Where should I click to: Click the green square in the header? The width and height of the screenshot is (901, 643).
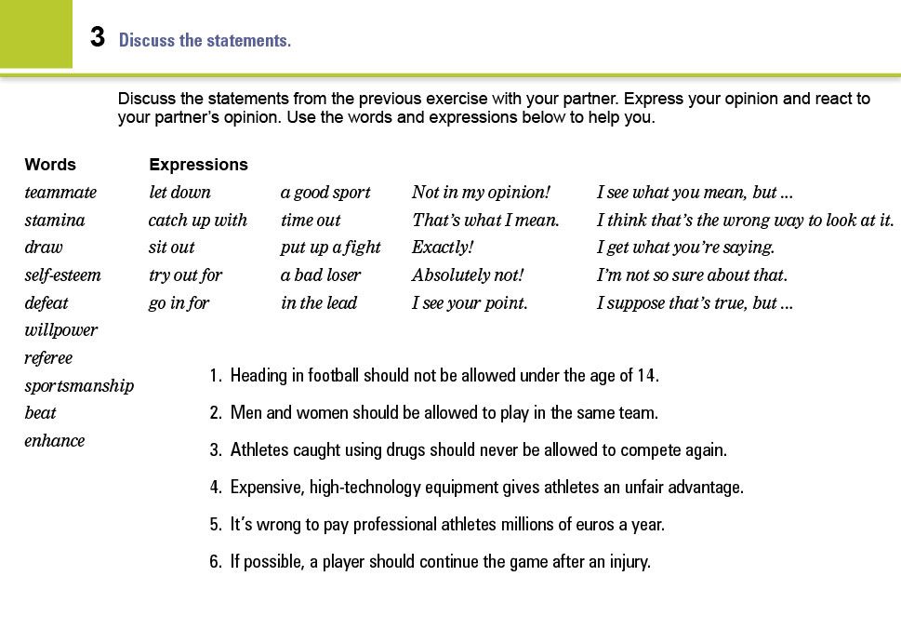35,33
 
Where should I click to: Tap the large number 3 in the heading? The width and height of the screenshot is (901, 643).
98,38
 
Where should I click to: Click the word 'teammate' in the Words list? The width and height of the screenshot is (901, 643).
60,193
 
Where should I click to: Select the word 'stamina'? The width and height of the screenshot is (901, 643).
55,221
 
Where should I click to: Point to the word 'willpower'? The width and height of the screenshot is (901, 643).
60,330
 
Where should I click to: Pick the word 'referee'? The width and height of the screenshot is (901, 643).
48,358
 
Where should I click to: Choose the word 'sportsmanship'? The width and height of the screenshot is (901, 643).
79,386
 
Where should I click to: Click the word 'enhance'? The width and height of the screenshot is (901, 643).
55,441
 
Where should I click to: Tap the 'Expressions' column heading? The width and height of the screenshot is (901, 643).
198,165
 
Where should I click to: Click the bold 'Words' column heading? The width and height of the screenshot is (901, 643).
50,165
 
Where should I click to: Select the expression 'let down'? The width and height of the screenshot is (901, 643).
179,193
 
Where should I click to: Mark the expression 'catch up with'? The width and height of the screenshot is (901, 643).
197,221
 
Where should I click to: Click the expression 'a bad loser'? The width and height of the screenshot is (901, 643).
321,275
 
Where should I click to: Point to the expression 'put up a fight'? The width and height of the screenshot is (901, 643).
330,248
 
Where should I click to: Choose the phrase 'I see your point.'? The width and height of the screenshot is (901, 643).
470,303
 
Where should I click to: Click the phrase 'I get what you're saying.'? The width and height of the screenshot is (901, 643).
685,248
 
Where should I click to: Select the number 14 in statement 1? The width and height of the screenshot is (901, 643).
647,376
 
